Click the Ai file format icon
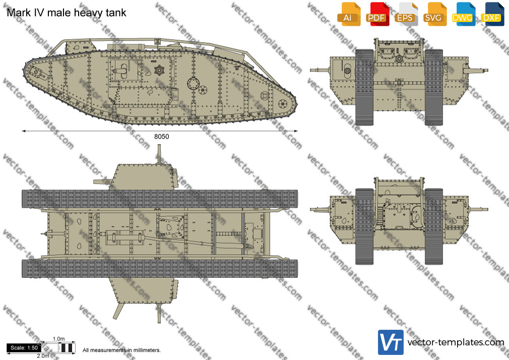pos(349,14)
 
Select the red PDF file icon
pos(377,14)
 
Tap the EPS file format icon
pos(406,14)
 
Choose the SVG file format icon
pos(434,14)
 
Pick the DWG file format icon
pos(463,14)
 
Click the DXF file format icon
pos(492,14)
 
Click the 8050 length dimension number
pos(161,137)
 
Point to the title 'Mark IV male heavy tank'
pos(66,13)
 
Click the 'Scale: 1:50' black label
pos(24,348)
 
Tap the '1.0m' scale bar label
pos(59,339)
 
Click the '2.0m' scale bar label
pos(43,356)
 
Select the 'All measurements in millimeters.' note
pos(121,350)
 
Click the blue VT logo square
pos(391,342)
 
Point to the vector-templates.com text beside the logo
pos(456,342)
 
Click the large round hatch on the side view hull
pos(194,83)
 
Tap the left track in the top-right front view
pos(364,87)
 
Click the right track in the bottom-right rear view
pos(434,226)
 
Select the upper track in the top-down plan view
pos(159,199)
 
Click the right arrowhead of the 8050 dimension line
pos(296,131)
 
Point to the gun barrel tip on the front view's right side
pos(487,70)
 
